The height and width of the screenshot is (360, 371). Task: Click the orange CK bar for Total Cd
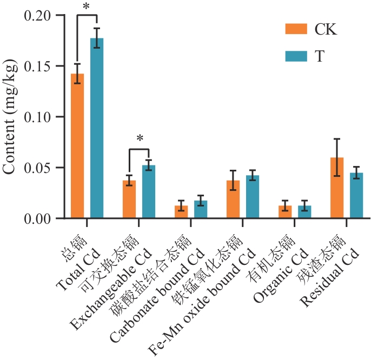(x=77, y=146)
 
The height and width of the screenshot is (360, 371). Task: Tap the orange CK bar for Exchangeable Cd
(x=129, y=199)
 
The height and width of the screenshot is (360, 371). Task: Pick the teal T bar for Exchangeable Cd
(x=149, y=192)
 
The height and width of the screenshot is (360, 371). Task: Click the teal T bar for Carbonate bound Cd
(x=201, y=210)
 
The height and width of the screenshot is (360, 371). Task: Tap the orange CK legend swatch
(x=296, y=29)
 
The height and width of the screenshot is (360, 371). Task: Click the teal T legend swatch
(x=296, y=55)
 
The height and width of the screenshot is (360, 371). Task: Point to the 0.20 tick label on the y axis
(x=38, y=16)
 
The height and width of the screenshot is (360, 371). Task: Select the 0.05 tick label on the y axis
(x=38, y=168)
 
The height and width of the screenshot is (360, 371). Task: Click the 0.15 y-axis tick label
(x=38, y=66)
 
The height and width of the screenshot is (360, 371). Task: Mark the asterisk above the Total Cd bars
(x=87, y=6)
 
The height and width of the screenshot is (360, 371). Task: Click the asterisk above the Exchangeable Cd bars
(x=140, y=139)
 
